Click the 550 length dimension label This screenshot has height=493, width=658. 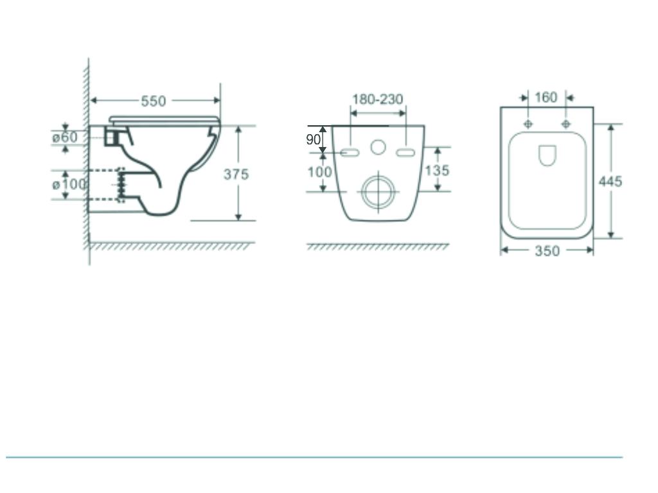(x=154, y=101)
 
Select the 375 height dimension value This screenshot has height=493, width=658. (x=236, y=175)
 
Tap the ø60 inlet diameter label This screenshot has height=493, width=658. (x=65, y=137)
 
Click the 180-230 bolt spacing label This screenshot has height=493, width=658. (x=377, y=99)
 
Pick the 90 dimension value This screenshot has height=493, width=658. (x=313, y=139)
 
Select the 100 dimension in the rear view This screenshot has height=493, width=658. (x=319, y=172)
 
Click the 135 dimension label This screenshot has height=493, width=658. (x=437, y=171)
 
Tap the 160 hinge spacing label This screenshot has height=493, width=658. (x=546, y=98)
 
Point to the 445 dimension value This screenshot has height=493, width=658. (x=610, y=182)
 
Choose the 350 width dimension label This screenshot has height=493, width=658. (x=547, y=251)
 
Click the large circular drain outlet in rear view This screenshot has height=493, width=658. (x=378, y=191)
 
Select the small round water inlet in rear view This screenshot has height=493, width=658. (x=378, y=148)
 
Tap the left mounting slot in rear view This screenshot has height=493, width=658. (x=350, y=152)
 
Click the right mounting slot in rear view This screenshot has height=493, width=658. (x=406, y=152)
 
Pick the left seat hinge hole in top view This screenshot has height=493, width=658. (x=528, y=123)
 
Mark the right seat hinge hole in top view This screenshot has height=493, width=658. (x=565, y=123)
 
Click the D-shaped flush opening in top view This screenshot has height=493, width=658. (x=547, y=155)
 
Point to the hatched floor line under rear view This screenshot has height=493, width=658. (x=378, y=246)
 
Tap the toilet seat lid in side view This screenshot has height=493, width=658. (x=164, y=119)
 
